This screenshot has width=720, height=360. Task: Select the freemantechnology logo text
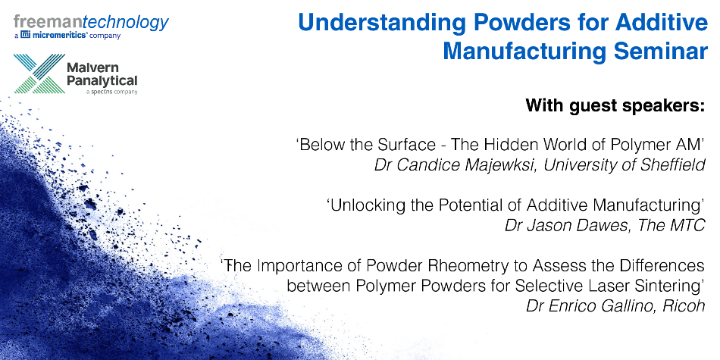[92, 22]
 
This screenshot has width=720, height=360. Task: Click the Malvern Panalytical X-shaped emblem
[39, 74]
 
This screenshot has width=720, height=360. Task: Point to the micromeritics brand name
[60, 36]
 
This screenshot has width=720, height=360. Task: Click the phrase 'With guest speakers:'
[615, 105]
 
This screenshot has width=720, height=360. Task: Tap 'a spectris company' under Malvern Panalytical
[111, 92]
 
